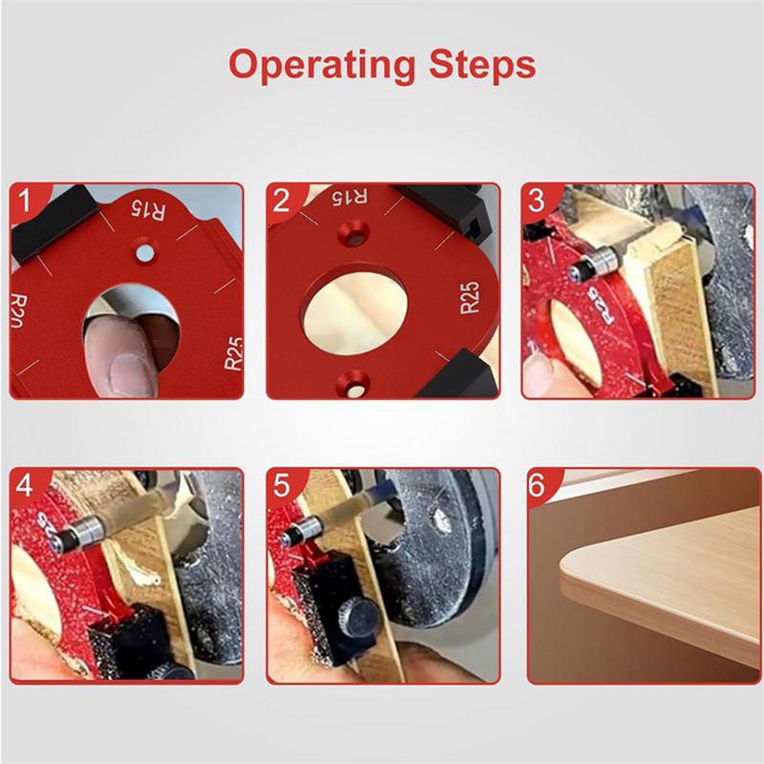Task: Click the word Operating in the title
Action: (320, 65)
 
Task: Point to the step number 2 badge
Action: (281, 202)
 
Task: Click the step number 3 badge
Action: (538, 202)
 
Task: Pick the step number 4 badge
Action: (26, 484)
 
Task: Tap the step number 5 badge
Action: (282, 484)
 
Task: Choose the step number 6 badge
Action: (538, 484)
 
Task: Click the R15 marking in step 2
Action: (349, 198)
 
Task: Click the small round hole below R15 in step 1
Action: (144, 252)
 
